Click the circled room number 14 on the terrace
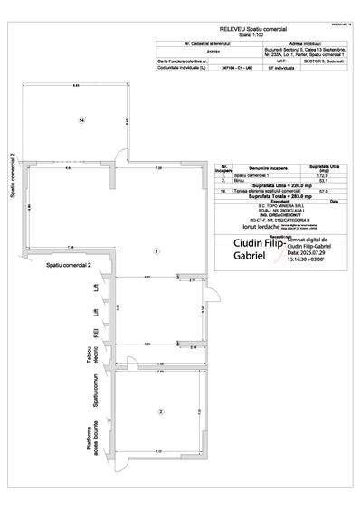(81, 119)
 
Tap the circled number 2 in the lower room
(160, 412)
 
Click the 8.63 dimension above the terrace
(76, 85)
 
